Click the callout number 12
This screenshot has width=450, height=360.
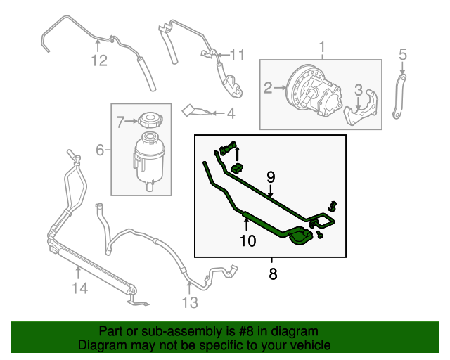tap(98, 61)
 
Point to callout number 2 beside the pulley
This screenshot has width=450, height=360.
tap(268, 88)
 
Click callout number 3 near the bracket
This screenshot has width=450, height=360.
tap(358, 90)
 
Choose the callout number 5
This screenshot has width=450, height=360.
tap(403, 54)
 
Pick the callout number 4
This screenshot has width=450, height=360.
tap(230, 112)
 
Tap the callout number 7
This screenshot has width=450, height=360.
tap(120, 122)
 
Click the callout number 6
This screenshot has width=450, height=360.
tap(99, 150)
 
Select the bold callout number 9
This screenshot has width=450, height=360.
tap(271, 178)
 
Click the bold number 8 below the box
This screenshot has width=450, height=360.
tap(272, 274)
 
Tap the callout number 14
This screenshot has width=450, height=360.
tap(79, 287)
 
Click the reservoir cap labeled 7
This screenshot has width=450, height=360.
tap(149, 120)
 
